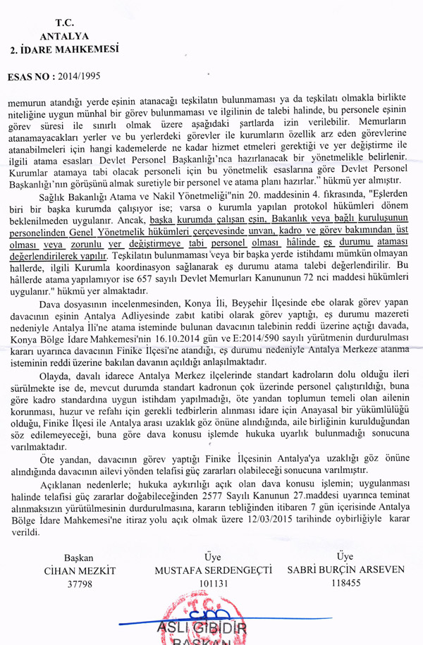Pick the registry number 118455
(x=345, y=583)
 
